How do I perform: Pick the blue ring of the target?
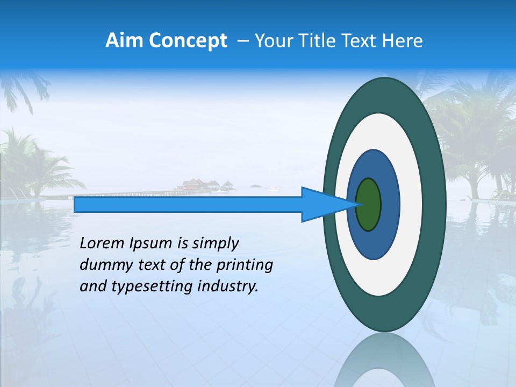click(x=389, y=204)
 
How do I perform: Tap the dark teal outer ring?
click(x=433, y=204)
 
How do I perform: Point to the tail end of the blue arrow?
click(x=76, y=204)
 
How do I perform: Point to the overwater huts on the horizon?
click(x=207, y=185)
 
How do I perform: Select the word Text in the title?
click(x=362, y=41)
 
